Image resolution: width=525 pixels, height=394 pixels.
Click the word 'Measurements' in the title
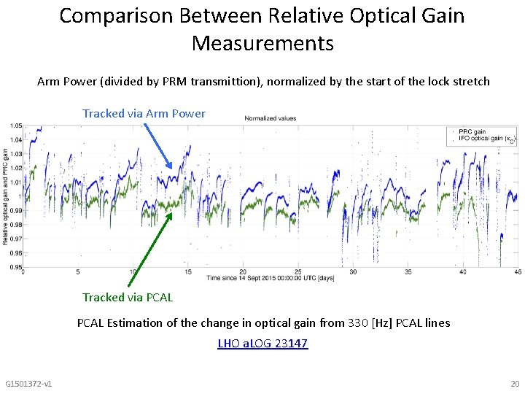click(262, 44)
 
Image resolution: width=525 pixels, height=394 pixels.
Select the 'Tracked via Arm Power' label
click(144, 113)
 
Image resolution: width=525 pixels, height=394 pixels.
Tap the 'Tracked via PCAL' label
click(128, 297)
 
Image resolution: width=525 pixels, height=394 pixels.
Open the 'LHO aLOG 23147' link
click(262, 343)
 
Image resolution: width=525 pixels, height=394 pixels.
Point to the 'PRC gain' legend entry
click(475, 132)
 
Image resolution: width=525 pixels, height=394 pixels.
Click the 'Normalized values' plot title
click(270, 118)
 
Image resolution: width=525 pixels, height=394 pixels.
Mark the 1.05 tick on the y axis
click(15, 125)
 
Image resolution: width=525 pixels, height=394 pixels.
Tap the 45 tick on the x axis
click(517, 272)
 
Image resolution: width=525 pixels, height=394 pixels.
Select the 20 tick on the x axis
click(243, 272)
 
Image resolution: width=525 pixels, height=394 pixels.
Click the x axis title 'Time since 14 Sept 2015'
click(270, 278)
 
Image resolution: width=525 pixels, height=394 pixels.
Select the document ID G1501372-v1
click(28, 384)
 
